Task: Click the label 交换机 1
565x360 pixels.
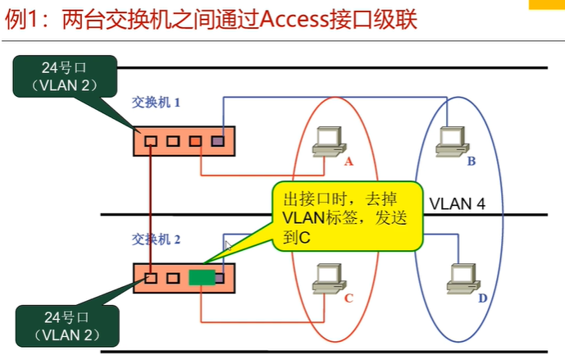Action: (x=156, y=103)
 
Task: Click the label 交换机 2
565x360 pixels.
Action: (x=156, y=239)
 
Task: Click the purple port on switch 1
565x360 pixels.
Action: (x=216, y=141)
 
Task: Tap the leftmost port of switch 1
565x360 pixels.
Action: (x=151, y=141)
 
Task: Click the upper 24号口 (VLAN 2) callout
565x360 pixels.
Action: (x=65, y=75)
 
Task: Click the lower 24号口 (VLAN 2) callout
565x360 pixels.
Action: (x=65, y=326)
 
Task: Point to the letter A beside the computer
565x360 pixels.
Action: (x=349, y=162)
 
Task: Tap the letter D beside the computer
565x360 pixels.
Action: (x=482, y=298)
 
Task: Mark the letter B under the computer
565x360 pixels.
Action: (x=472, y=162)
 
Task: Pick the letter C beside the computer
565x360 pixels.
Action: (x=349, y=298)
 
